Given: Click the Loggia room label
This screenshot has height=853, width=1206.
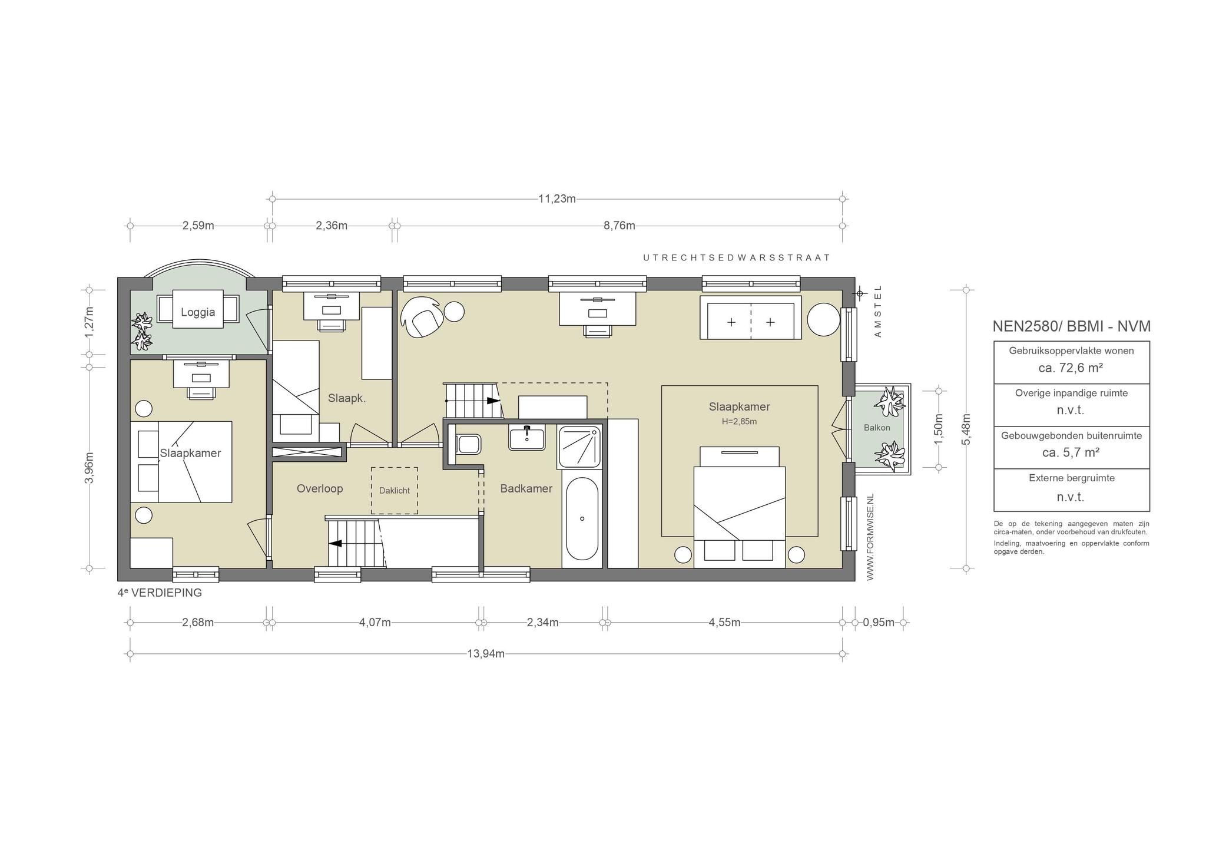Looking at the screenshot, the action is (x=198, y=312).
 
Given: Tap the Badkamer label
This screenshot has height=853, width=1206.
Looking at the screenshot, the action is (x=526, y=488).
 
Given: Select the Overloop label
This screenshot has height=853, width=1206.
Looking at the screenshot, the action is (x=320, y=488).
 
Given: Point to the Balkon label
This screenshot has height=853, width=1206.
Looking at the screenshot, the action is (x=877, y=428).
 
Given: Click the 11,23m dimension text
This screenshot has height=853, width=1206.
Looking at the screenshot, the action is (x=557, y=199).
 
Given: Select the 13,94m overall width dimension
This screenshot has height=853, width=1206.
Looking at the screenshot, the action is (x=486, y=653).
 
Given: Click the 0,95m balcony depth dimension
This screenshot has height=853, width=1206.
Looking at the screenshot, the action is (x=879, y=622).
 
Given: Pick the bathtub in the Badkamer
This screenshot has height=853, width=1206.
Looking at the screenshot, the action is (x=582, y=519).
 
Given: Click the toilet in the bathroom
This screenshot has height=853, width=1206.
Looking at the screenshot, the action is (x=468, y=444).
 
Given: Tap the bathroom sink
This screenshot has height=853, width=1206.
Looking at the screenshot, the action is (x=527, y=438).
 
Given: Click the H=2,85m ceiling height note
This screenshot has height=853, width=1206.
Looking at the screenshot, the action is (x=739, y=422).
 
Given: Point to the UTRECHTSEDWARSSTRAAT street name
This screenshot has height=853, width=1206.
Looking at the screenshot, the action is (x=737, y=257).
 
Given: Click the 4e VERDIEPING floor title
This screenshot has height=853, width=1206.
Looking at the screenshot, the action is (x=160, y=593).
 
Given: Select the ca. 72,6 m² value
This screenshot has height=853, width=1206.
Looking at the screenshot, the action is (x=1071, y=368).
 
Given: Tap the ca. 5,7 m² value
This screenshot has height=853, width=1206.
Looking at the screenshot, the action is (x=1071, y=452).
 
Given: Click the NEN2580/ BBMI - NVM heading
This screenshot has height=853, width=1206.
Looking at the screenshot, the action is (x=1071, y=326).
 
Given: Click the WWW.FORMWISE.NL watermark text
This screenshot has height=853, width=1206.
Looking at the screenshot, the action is (x=871, y=537).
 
